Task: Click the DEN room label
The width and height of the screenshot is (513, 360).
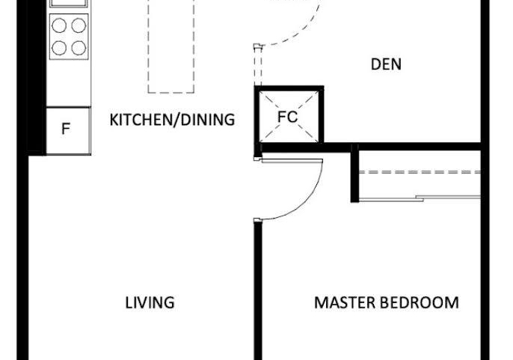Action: [x=386, y=64]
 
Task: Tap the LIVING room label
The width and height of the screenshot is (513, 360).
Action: [x=150, y=302]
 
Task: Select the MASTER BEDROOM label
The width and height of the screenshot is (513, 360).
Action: [x=387, y=302]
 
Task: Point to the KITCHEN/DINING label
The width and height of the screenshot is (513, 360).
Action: [x=172, y=120]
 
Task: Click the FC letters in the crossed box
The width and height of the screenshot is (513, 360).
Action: [x=288, y=117]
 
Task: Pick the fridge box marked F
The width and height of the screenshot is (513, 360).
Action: [x=68, y=130]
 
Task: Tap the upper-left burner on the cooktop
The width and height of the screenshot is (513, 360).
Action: [x=59, y=25]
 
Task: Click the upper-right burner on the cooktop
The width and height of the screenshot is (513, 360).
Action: [x=79, y=25]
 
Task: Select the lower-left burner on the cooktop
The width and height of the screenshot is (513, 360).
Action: [x=59, y=48]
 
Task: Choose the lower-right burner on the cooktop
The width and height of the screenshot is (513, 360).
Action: [x=79, y=48]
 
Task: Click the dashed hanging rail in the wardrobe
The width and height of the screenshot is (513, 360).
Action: [x=420, y=172]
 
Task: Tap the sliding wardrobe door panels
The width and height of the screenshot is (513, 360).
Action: [x=420, y=198]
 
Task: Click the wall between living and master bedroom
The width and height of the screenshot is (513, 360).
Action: [x=258, y=290]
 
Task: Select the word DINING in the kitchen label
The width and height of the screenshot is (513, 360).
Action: [x=207, y=120]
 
